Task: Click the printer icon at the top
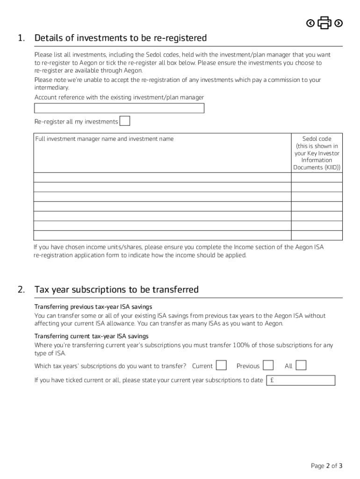click(x=324, y=22)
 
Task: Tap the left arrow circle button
click(x=310, y=23)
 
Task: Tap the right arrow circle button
click(x=339, y=23)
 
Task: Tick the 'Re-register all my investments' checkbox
click(x=125, y=121)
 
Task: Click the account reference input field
click(x=119, y=109)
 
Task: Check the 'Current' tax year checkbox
click(x=222, y=365)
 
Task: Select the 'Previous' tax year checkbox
click(x=268, y=365)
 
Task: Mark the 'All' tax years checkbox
click(x=302, y=365)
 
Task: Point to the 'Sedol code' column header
click(x=317, y=139)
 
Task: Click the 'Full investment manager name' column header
click(x=104, y=139)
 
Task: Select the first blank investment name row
click(x=162, y=177)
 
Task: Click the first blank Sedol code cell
click(x=317, y=177)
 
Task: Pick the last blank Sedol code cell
click(x=317, y=235)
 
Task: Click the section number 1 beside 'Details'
click(x=21, y=38)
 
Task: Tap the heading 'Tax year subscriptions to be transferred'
click(x=116, y=290)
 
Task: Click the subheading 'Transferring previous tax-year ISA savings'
click(x=93, y=307)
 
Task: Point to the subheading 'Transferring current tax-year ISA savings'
click(x=92, y=336)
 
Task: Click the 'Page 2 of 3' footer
click(x=326, y=465)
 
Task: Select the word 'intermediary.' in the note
click(x=52, y=87)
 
